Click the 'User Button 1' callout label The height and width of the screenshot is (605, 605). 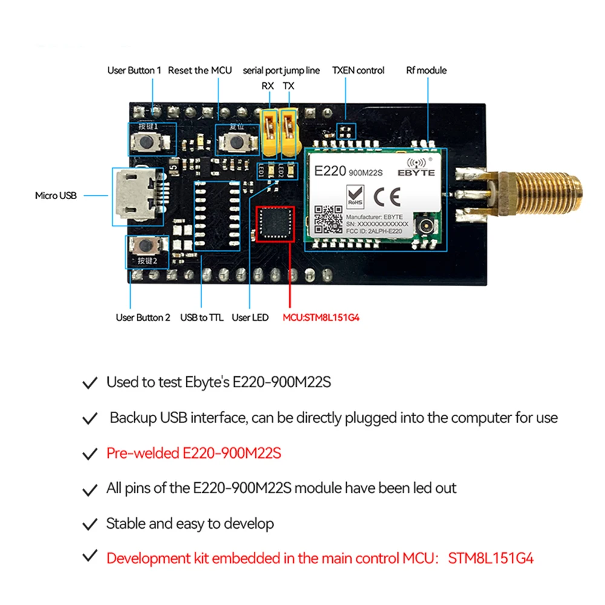[134, 70]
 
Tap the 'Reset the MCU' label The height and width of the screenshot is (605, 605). [200, 70]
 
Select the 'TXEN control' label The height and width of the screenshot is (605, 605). [358, 70]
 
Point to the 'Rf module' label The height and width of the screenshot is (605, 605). [426, 70]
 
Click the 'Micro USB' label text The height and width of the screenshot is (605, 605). [55, 195]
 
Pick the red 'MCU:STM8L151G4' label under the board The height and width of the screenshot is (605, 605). [321, 318]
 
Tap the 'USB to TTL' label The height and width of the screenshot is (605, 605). [201, 318]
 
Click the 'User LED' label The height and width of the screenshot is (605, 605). [250, 318]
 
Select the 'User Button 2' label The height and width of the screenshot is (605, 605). [143, 318]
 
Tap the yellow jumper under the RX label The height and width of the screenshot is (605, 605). [268, 130]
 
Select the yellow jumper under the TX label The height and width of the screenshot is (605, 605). [290, 130]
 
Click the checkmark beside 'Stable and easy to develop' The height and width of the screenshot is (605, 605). [90, 523]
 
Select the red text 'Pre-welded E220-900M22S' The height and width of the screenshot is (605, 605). [194, 453]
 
